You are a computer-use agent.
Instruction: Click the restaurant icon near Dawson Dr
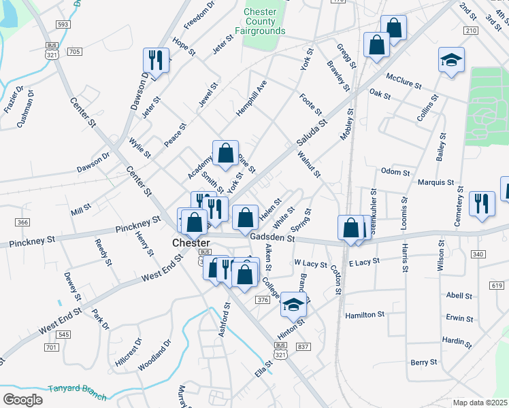click(x=157, y=60)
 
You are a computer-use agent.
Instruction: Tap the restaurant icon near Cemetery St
click(x=482, y=203)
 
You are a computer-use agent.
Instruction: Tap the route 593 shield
click(x=63, y=24)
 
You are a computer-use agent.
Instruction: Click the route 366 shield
click(x=23, y=222)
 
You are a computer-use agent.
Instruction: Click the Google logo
click(x=22, y=399)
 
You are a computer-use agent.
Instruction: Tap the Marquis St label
click(x=436, y=182)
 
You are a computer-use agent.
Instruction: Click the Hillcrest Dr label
click(x=129, y=351)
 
